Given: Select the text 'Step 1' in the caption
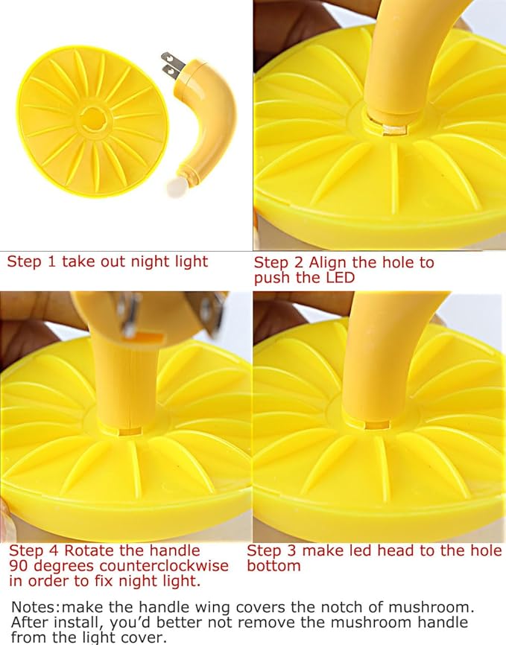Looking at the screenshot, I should [x=31, y=261].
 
